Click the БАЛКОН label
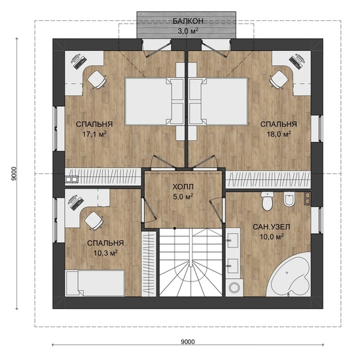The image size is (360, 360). (x=188, y=21)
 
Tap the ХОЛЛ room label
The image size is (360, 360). (x=183, y=187)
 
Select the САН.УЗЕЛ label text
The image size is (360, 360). (x=272, y=227)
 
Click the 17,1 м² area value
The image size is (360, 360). (x=94, y=134)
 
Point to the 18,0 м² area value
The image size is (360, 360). (x=279, y=134)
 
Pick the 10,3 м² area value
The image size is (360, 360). (x=105, y=253)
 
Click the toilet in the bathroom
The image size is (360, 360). (x=267, y=201)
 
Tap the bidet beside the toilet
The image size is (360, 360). (x=289, y=199)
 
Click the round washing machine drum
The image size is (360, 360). (x=234, y=287)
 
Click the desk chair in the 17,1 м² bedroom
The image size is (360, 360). (x=97, y=79)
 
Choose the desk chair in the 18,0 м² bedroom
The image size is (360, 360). (x=279, y=79)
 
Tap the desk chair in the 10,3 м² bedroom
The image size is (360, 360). (x=94, y=221)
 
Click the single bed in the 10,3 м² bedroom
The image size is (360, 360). (x=95, y=283)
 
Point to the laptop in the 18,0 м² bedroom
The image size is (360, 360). (x=298, y=61)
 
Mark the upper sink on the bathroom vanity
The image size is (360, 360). (x=233, y=240)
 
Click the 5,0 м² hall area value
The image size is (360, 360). (x=183, y=197)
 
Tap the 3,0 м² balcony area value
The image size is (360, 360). (x=188, y=31)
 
